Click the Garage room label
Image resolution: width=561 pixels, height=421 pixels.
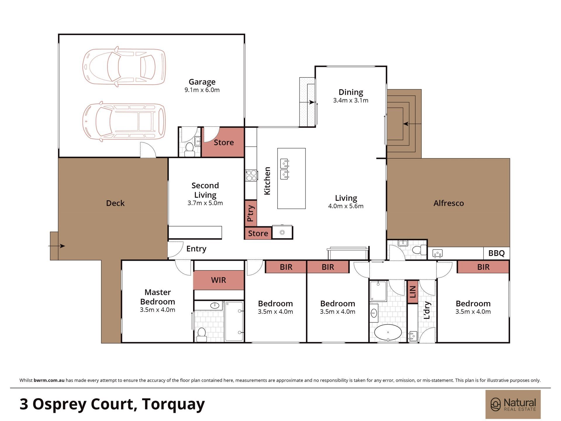click(202, 82)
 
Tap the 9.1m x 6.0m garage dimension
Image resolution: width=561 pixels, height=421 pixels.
click(202, 90)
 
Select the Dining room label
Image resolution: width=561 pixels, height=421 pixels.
click(351, 92)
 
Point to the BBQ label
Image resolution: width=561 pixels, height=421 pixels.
click(496, 253)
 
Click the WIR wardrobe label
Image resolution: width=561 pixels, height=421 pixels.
click(219, 280)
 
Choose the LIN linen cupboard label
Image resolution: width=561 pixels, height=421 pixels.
click(413, 291)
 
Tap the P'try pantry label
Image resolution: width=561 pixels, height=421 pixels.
click(251, 213)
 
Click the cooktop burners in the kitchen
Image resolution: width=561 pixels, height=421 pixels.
click(251, 175)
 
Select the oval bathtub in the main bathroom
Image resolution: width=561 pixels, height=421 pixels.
click(388, 332)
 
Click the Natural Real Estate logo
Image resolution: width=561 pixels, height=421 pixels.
click(513, 404)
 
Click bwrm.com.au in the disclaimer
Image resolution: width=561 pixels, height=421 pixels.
click(49, 380)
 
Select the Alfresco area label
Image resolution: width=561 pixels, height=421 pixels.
click(449, 203)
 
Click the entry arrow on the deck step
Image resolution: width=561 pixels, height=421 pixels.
click(57, 246)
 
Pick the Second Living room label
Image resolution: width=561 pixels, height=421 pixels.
click(205, 190)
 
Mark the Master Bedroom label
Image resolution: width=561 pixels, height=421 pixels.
click(157, 297)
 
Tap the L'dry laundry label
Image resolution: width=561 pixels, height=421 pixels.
click(427, 310)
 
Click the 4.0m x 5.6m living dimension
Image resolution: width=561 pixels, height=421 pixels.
click(346, 206)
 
